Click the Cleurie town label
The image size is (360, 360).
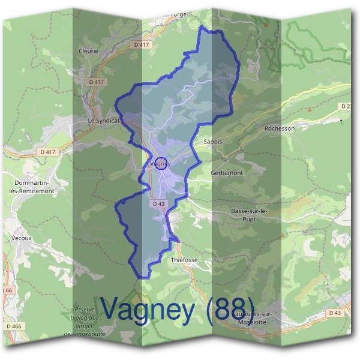tap(88, 52)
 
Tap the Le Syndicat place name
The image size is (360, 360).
tap(104, 121)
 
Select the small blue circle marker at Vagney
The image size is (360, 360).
tap(161, 163)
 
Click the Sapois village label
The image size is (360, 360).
tap(213, 143)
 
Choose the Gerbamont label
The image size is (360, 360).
tap(227, 172)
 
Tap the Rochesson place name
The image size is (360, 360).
tap(280, 128)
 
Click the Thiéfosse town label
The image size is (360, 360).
tap(184, 260)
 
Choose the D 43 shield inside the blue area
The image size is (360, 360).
tap(158, 204)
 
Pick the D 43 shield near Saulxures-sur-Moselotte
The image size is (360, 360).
tap(335, 313)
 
